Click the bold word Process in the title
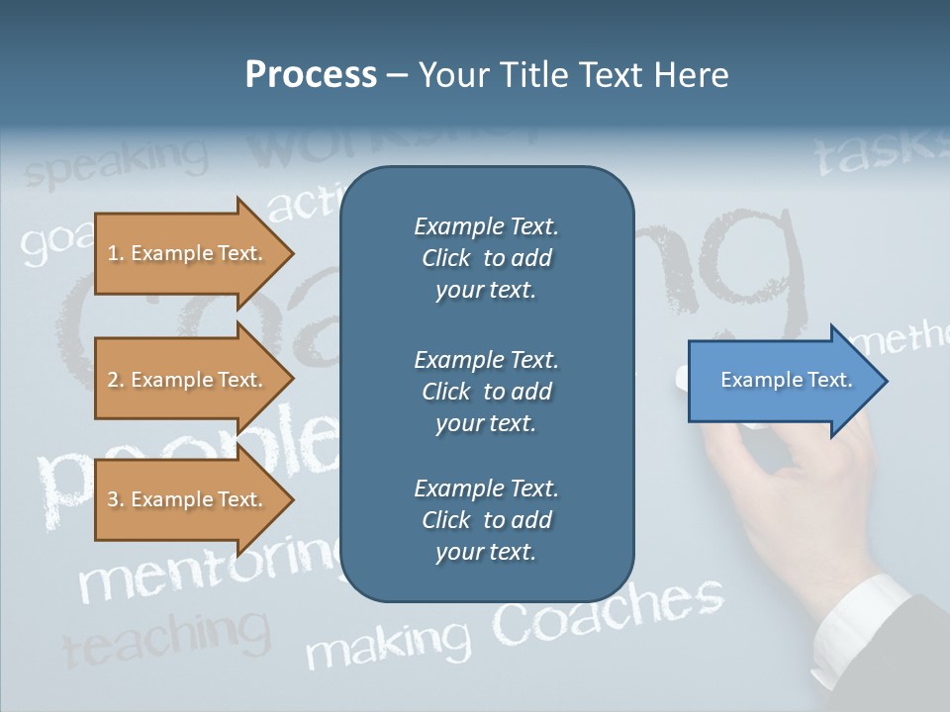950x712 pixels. point(311,75)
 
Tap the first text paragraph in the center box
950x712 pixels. point(486,258)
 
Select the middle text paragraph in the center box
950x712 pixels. point(486,392)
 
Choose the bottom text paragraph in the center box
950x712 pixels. point(486,520)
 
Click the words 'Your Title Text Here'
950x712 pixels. point(573,75)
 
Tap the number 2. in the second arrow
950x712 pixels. point(116,380)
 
